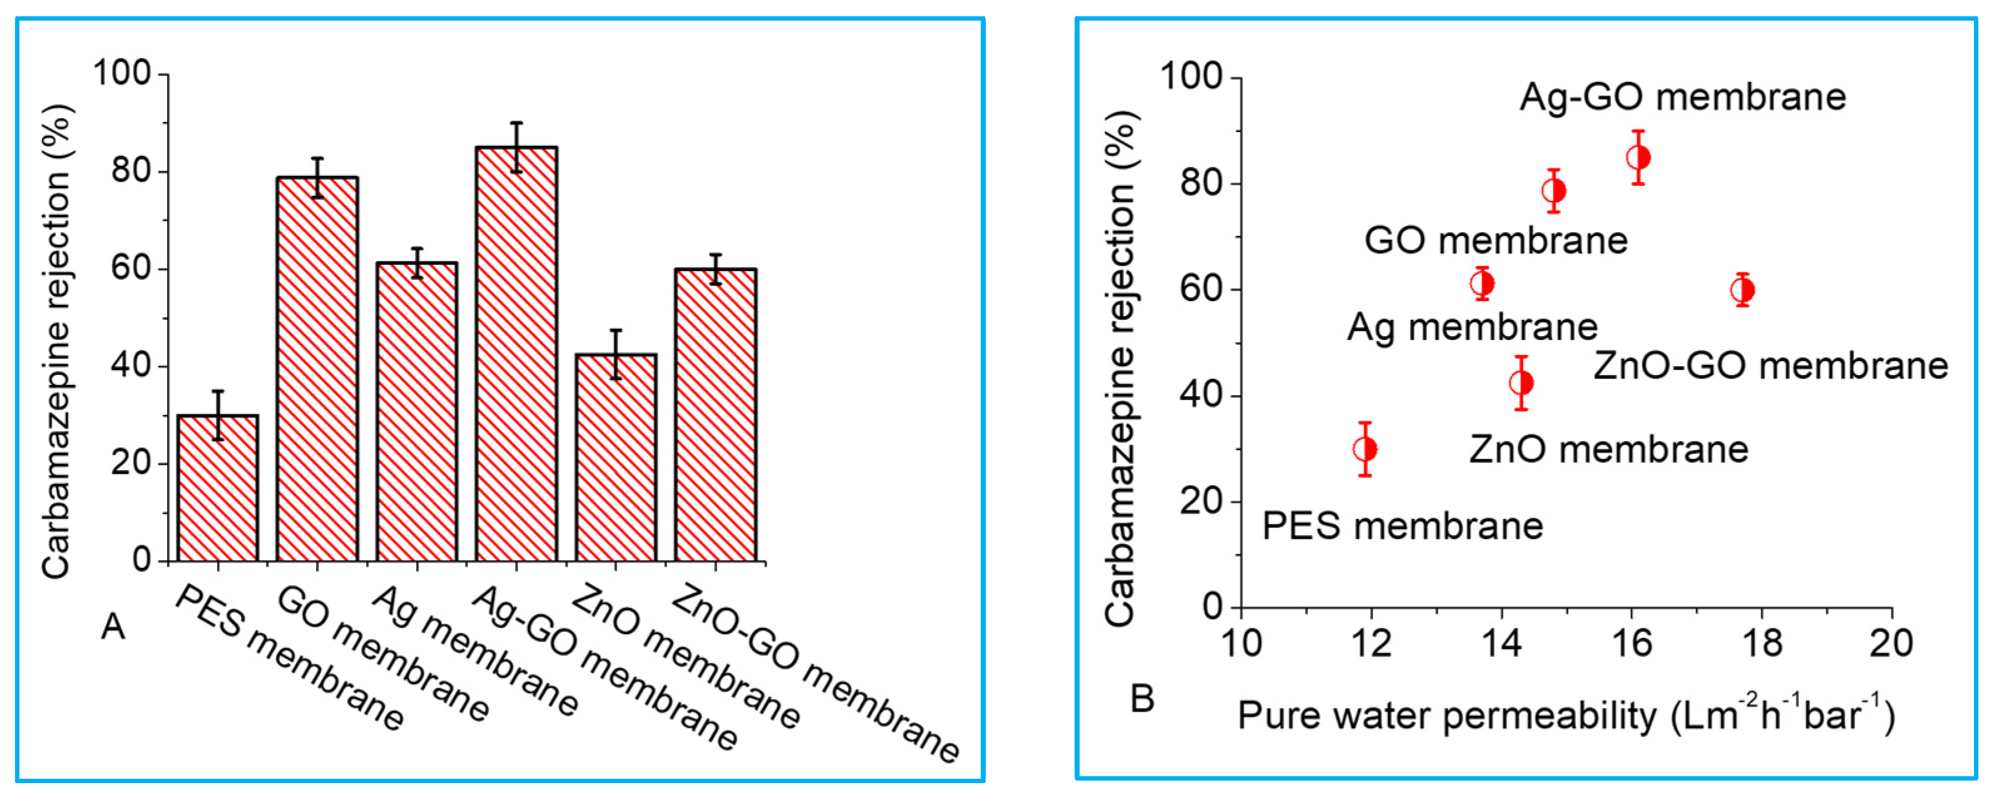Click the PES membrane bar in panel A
(x=218, y=488)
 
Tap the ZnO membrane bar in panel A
(x=615, y=458)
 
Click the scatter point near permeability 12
(x=1366, y=449)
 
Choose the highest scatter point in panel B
(x=1639, y=158)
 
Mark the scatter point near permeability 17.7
(x=1742, y=290)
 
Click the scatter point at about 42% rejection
(x=1522, y=382)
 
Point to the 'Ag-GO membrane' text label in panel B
(x=1683, y=98)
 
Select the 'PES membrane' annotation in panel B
(x=1403, y=526)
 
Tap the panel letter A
(x=113, y=626)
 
